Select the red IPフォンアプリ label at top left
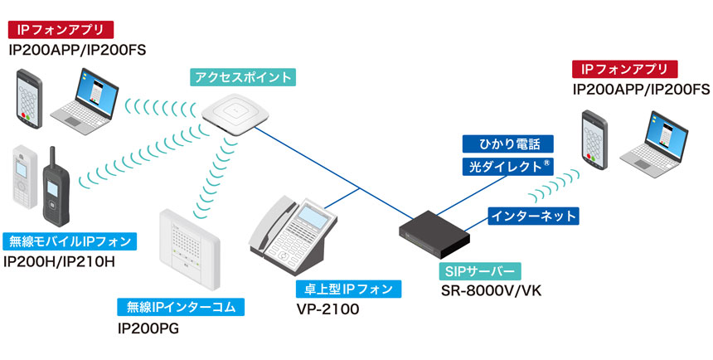tap(60, 31)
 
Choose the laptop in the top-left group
tap(94, 95)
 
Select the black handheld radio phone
tap(56, 189)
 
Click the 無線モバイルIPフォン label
tap(69, 242)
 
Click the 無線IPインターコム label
tap(182, 307)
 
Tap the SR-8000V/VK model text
tap(491, 290)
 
